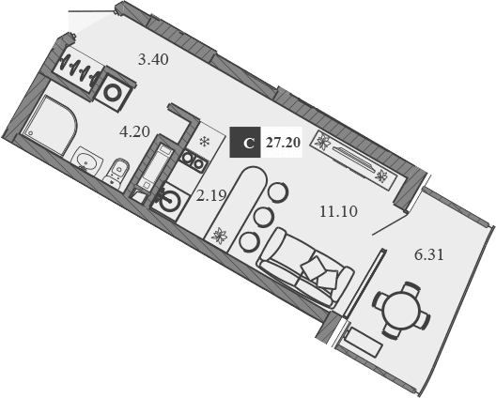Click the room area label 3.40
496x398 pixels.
pyautogui.click(x=153, y=60)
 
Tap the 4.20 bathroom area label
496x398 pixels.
pyautogui.click(x=134, y=131)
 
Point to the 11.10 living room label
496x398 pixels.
pyautogui.click(x=338, y=211)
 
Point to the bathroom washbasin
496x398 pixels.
pyautogui.click(x=86, y=161)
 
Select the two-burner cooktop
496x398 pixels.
pyautogui.click(x=194, y=161)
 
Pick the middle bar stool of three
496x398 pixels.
pyautogui.click(x=264, y=217)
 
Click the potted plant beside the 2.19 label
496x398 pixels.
pyautogui.click(x=220, y=236)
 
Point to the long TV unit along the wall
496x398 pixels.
pyautogui.click(x=351, y=158)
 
